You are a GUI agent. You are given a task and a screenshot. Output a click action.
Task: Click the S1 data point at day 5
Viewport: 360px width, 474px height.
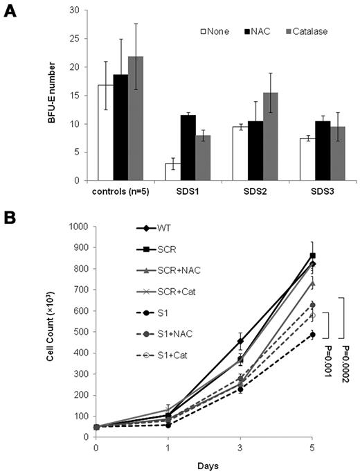[x=312, y=335]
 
